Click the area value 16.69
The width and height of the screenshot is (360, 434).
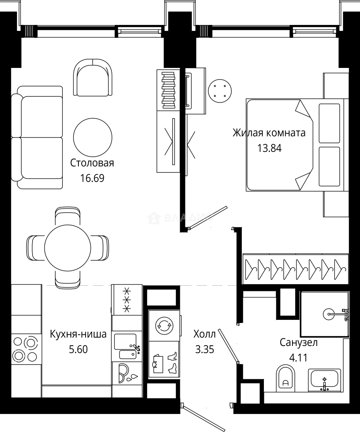92,178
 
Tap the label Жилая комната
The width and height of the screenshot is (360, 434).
269,133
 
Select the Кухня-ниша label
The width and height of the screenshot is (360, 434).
78,334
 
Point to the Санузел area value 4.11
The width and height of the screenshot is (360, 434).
298,357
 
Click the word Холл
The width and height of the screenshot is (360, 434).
204,334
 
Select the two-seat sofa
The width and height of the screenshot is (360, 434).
37,137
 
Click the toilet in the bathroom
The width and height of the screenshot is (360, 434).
286,379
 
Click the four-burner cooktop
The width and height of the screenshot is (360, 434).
25,349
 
